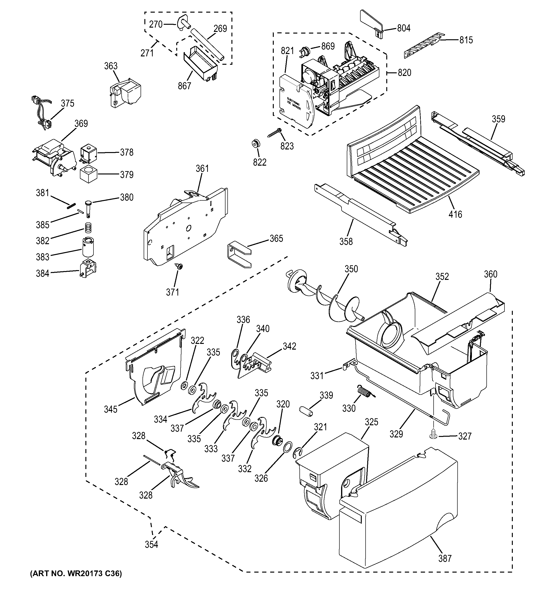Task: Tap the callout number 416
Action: [x=455, y=214]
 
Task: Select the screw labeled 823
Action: [x=274, y=133]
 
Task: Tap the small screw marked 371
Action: [x=179, y=266]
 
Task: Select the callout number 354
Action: [x=151, y=544]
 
